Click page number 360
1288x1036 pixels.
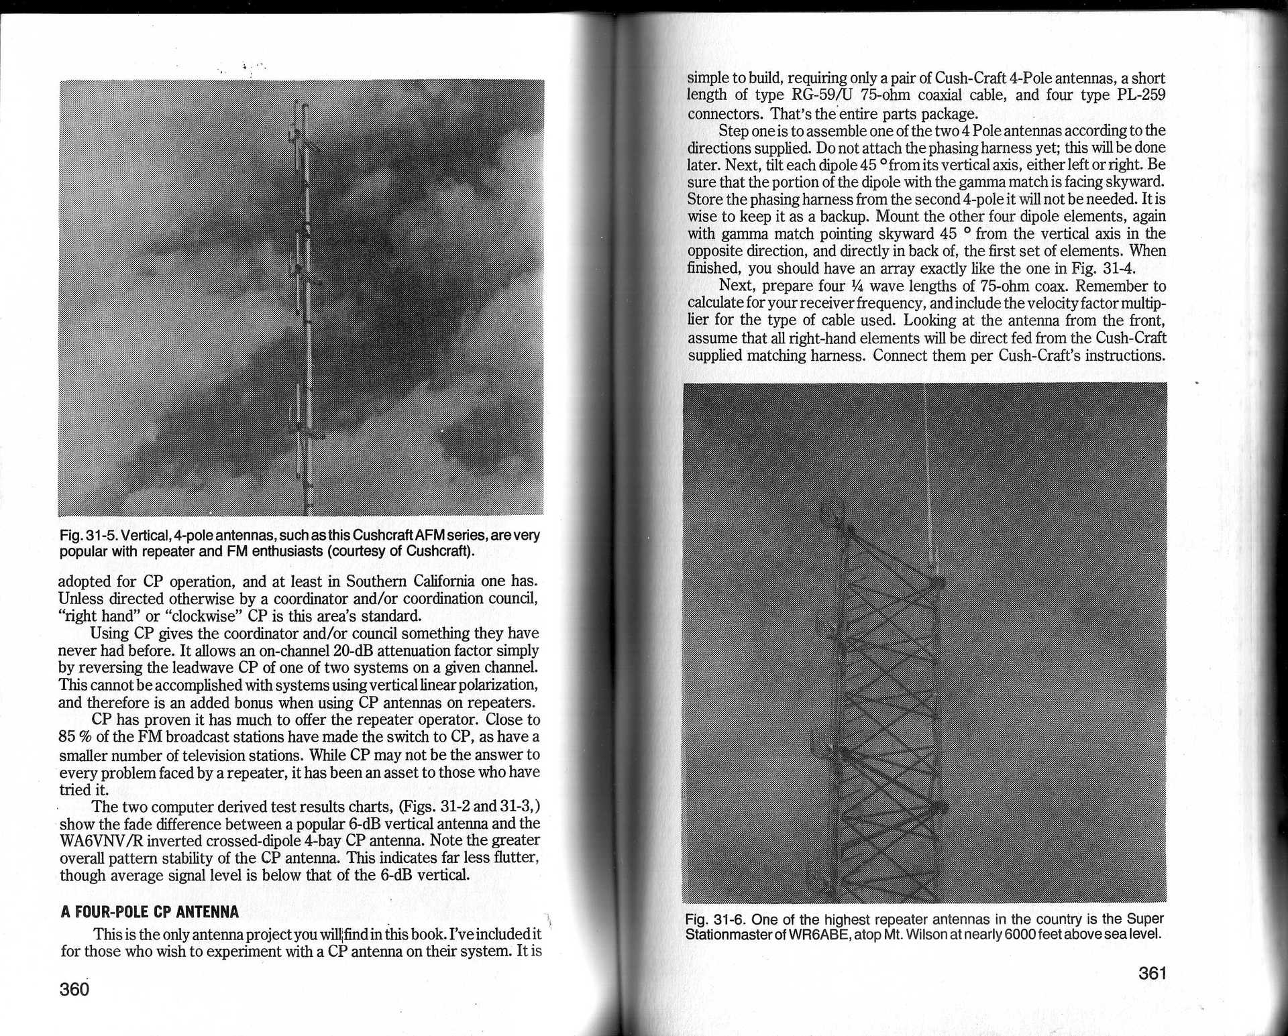74,989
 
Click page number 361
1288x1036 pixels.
1152,973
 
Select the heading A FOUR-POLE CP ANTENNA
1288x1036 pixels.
150,912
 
